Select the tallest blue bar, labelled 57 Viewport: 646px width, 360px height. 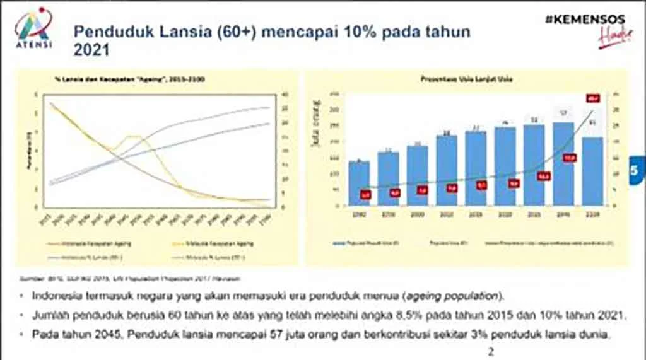pyautogui.click(x=563, y=163)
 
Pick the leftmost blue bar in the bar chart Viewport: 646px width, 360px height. pyautogui.click(x=359, y=183)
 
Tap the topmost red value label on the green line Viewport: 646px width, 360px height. pyautogui.click(x=593, y=98)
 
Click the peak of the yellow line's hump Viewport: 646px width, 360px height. pyautogui.click(x=132, y=136)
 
